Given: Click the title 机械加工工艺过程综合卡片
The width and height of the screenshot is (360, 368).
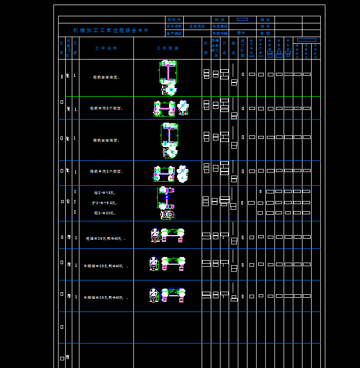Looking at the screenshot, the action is click(111, 31).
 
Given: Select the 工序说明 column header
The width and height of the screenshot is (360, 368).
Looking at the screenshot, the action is click(106, 48).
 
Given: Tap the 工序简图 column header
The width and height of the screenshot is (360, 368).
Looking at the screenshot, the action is click(168, 48).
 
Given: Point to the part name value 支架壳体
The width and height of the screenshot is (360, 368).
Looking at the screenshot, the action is click(197, 26).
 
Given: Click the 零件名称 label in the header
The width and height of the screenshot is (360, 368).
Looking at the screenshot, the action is click(174, 26).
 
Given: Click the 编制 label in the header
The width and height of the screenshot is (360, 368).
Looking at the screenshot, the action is click(265, 19).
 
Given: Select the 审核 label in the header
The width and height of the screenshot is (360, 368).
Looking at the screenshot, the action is click(265, 33).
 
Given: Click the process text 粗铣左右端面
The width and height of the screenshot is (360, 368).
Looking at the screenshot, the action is click(106, 77).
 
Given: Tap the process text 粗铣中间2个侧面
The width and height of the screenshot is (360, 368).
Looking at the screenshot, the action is click(106, 108).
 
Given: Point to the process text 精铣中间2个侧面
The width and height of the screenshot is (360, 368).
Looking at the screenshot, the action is click(106, 172).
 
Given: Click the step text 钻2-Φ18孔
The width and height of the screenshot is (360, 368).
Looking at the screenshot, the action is click(105, 193).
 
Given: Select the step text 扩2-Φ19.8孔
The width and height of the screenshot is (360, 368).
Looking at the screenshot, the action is click(104, 203).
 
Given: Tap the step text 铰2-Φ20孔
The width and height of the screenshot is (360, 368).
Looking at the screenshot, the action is click(105, 213).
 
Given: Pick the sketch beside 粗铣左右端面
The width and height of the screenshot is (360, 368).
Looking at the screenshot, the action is click(169, 77).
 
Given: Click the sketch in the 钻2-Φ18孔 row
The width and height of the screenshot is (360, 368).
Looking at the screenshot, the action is click(166, 203).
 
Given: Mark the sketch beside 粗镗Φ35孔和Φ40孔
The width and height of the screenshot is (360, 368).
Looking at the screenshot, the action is click(168, 235).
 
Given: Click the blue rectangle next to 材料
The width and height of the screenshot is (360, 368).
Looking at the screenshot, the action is click(242, 19).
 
